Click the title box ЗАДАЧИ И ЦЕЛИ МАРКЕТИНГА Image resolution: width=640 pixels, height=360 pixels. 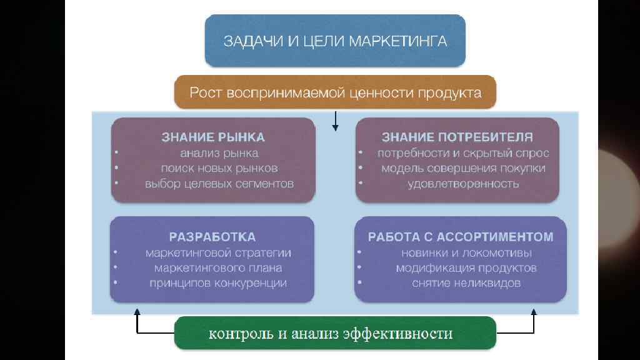335,41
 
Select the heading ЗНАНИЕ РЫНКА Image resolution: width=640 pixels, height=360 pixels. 213,137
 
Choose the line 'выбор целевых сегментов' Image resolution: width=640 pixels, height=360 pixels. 219,184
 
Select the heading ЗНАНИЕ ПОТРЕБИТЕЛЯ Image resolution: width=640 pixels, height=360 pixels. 457,137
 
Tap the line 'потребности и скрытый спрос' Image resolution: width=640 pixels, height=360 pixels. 463,153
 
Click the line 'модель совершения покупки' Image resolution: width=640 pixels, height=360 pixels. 463,168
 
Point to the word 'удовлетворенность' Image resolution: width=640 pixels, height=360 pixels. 463,184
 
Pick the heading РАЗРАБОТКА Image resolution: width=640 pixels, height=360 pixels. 212,237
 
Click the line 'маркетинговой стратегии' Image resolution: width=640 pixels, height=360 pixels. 218,253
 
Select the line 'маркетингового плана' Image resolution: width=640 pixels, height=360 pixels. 218,268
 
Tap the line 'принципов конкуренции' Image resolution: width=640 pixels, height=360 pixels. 218,283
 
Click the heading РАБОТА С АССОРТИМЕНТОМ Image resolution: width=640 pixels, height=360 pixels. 460,237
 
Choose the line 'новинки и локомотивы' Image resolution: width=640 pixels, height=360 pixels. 466,253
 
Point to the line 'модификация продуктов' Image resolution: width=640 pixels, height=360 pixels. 466,268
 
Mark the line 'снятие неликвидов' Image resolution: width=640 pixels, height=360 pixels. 466,283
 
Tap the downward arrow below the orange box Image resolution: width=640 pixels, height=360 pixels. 336,121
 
